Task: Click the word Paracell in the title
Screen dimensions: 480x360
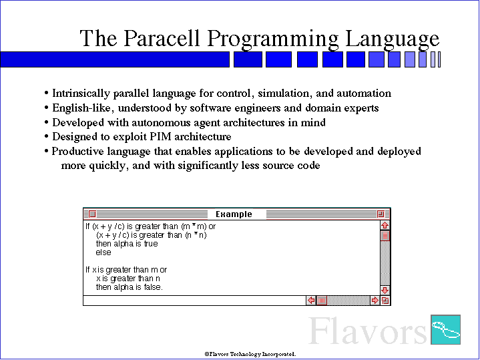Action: tap(162, 38)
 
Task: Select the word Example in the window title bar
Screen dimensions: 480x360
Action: tap(234, 214)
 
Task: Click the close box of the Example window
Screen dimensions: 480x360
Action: tap(92, 214)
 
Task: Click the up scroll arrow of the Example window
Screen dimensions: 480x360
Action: tap(385, 225)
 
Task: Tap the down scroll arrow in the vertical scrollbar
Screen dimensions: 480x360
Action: tap(385, 290)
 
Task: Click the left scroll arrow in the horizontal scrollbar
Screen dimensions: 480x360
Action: tap(311, 301)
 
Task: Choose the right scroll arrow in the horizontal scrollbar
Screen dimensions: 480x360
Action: tap(375, 301)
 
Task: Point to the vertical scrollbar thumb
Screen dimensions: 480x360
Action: tap(385, 236)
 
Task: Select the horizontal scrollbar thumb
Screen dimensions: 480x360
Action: tap(321, 301)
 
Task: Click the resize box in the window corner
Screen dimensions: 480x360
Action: tap(385, 301)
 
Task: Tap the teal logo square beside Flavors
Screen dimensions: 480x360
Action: tap(445, 329)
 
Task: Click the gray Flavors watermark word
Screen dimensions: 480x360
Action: tap(367, 331)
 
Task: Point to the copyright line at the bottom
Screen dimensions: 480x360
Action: tap(250, 354)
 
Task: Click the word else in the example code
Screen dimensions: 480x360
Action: tap(103, 252)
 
